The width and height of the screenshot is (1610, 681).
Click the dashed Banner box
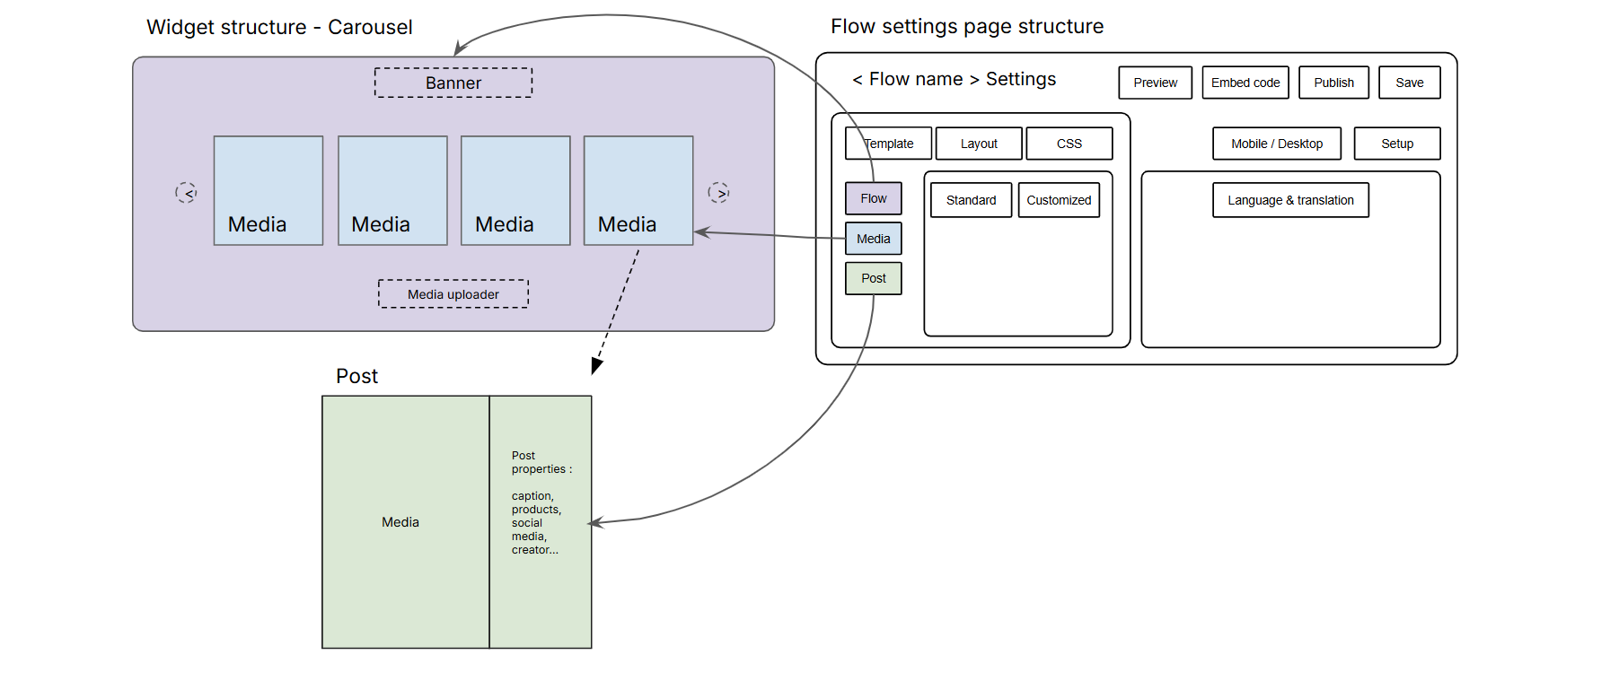[x=453, y=83]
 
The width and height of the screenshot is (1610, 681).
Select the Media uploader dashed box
[x=453, y=294]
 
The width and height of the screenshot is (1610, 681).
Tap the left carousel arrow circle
[x=186, y=192]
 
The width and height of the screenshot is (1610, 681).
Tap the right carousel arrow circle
[x=718, y=192]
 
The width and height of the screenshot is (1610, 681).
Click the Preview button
[x=1155, y=83]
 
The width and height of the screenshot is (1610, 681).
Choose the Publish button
[x=1333, y=83]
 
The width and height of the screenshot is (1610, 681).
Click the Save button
[x=1409, y=83]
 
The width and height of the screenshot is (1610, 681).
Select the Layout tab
[x=979, y=144]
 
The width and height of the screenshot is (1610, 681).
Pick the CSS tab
[x=1069, y=144]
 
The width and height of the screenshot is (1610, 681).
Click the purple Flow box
[x=873, y=198]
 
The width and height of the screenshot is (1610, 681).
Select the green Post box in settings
[x=873, y=278]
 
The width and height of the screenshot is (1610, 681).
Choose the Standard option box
[x=971, y=200]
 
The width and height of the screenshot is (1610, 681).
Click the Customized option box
[x=1059, y=200]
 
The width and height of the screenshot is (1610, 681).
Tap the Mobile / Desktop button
[x=1276, y=144]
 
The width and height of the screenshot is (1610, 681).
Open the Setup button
[x=1396, y=144]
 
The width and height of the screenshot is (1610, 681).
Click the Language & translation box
[x=1290, y=200]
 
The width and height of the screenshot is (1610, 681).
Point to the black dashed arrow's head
[x=596, y=366]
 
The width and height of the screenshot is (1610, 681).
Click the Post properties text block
[x=540, y=502]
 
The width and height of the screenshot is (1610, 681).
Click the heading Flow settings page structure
[x=967, y=27]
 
